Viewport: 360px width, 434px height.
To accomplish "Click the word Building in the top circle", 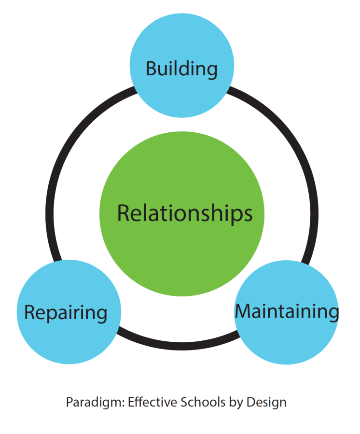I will (181, 69).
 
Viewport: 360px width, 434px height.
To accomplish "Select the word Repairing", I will (66, 313).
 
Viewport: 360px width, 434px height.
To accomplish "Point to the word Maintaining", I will (287, 311).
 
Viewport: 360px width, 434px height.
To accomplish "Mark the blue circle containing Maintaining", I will (287, 338).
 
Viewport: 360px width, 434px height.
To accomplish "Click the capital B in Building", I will (151, 69).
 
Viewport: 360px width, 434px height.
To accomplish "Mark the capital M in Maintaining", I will (243, 311).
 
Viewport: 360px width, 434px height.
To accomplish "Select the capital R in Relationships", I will (124, 213).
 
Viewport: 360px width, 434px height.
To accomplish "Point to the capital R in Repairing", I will (30, 312).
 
